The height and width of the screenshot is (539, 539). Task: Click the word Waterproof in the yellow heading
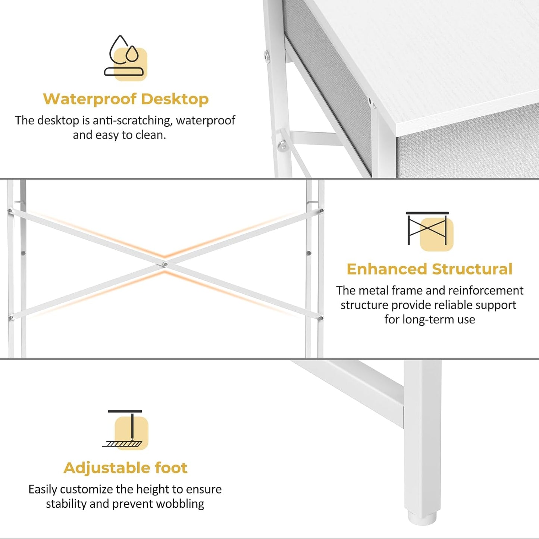[x=90, y=99]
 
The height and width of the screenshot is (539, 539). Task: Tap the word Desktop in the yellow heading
[x=175, y=99]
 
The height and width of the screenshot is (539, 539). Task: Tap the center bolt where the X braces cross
[x=165, y=264]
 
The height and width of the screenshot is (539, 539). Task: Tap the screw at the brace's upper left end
[x=10, y=211]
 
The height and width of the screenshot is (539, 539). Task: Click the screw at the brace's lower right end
[x=321, y=318]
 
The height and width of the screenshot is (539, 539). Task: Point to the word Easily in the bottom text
[x=43, y=489]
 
